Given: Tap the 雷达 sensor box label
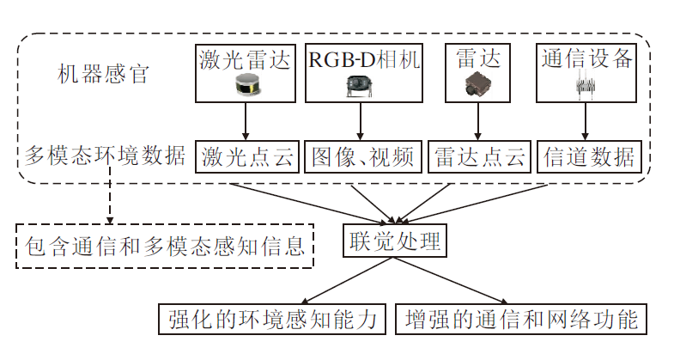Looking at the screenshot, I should [477, 60].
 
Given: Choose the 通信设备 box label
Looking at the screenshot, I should [587, 60].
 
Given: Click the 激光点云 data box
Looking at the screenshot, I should [246, 156].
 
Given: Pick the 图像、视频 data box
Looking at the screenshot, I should [362, 156].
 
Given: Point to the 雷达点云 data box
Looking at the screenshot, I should [479, 156].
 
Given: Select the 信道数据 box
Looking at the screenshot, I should [590, 156].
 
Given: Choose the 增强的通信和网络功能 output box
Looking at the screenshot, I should [520, 320].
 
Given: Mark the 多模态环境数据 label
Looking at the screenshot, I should [104, 156].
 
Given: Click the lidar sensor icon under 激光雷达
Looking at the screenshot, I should [246, 85].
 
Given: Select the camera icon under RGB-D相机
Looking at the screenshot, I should [360, 85].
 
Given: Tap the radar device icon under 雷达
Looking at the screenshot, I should [477, 84].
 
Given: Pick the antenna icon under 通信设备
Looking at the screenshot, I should [586, 87].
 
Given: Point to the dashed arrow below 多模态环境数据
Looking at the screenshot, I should [110, 197].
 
